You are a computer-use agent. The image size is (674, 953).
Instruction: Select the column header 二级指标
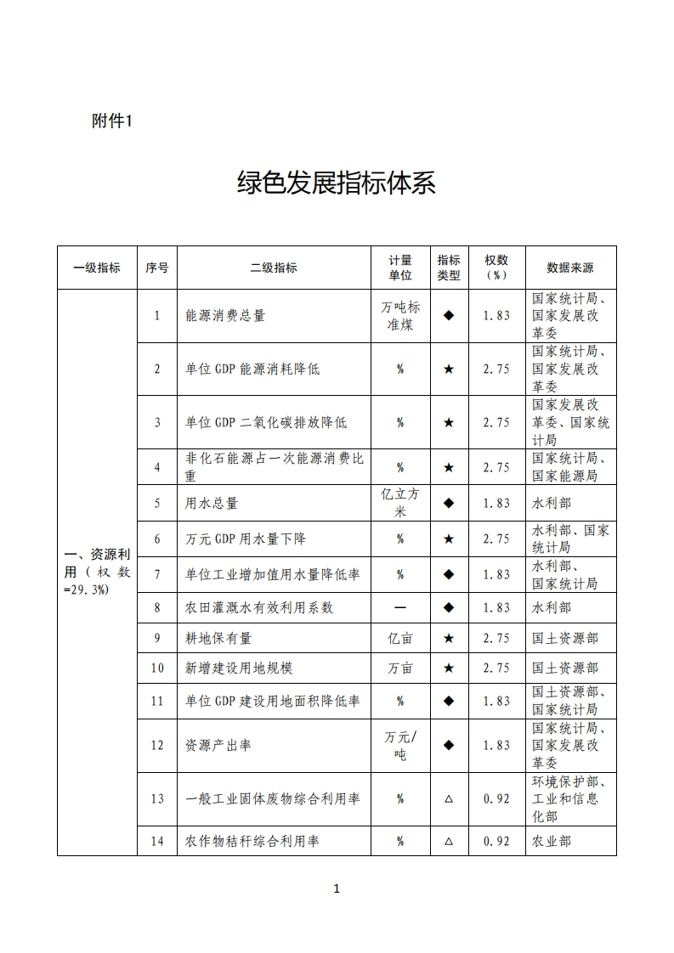coord(274,268)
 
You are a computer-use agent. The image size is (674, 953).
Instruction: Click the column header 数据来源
coord(570,268)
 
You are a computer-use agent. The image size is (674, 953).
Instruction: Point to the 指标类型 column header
coord(449,268)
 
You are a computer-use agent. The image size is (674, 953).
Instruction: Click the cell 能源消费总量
coord(225,315)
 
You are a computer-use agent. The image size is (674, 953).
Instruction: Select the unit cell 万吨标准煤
coord(400,315)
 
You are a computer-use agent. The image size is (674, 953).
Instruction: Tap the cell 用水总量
coord(212,503)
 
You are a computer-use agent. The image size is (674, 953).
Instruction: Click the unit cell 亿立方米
coord(400,503)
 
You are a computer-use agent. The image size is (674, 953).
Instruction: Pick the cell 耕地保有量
coord(218,638)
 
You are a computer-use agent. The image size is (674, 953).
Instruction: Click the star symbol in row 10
coord(449,668)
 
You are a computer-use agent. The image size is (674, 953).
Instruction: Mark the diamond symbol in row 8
coord(449,607)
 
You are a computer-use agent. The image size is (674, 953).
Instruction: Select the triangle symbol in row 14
coord(449,842)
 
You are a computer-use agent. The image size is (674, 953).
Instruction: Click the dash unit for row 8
coord(400,607)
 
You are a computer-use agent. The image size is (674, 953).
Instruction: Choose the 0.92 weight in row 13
coord(496,798)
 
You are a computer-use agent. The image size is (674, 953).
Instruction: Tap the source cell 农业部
coord(552,842)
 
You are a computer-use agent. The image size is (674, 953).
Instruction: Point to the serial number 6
coord(157,539)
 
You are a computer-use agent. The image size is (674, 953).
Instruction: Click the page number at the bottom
coord(337,889)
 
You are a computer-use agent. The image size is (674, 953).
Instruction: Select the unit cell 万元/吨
coord(400,745)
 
